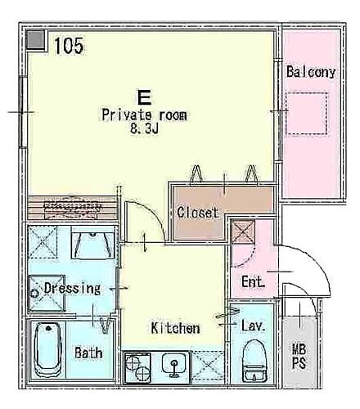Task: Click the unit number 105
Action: click(x=70, y=47)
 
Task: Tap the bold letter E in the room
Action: click(x=143, y=95)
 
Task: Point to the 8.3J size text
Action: click(x=144, y=128)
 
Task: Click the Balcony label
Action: click(x=311, y=71)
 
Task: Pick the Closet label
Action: click(x=197, y=213)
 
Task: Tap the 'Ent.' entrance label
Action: click(x=254, y=282)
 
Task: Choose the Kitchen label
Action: click(x=175, y=329)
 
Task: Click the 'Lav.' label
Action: click(x=253, y=326)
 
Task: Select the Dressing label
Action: click(x=72, y=288)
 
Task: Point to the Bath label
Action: click(x=88, y=354)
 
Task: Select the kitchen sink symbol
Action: click(x=173, y=366)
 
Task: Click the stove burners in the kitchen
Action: click(x=137, y=368)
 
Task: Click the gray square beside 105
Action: click(x=35, y=40)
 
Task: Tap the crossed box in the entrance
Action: click(x=242, y=232)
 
